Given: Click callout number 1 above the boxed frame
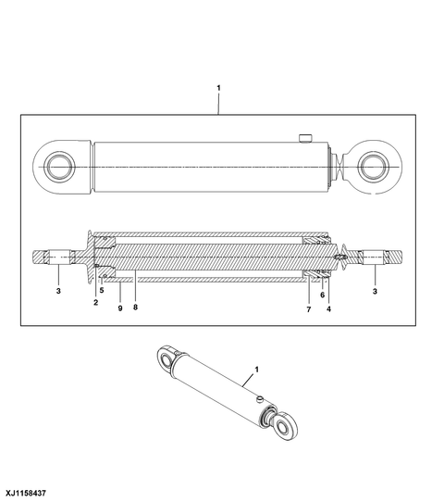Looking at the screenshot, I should click(x=218, y=88).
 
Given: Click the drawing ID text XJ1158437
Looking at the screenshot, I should click(x=27, y=493).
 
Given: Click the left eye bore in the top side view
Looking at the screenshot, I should click(x=58, y=167).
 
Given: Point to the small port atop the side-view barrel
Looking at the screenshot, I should click(x=303, y=139).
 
